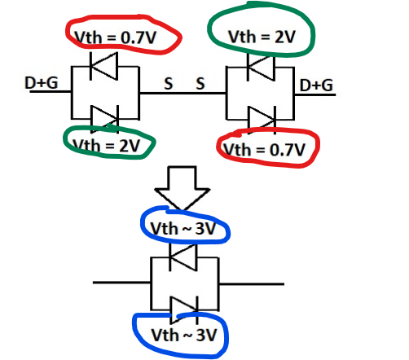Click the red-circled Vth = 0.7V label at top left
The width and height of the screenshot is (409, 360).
click(x=116, y=37)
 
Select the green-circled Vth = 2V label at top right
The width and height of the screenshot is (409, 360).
click(x=262, y=37)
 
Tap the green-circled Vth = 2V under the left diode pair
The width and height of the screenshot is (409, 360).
click(x=107, y=146)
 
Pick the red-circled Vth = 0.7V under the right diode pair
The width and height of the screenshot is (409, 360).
click(x=264, y=149)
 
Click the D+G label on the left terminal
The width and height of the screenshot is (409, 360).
click(x=42, y=82)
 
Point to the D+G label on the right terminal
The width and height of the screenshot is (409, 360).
click(x=316, y=85)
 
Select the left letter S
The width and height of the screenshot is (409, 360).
click(x=169, y=84)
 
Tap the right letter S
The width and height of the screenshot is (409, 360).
click(x=200, y=83)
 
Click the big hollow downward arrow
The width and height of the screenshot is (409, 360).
click(x=183, y=188)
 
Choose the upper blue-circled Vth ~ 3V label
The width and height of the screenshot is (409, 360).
click(x=183, y=228)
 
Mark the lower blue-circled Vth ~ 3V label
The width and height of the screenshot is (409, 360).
click(x=184, y=335)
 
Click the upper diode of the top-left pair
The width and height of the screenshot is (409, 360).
click(x=104, y=66)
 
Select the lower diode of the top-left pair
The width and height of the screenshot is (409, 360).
click(x=105, y=119)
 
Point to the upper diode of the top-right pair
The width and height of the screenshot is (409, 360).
click(x=261, y=67)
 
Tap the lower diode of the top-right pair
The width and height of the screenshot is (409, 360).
click(x=262, y=120)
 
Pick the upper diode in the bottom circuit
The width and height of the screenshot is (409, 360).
click(x=183, y=257)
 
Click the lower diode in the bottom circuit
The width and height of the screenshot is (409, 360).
click(x=184, y=310)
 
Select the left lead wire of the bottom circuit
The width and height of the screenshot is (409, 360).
click(x=122, y=283)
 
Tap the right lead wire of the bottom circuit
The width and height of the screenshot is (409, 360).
click(x=252, y=284)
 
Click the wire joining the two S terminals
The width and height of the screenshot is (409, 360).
click(x=183, y=93)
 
